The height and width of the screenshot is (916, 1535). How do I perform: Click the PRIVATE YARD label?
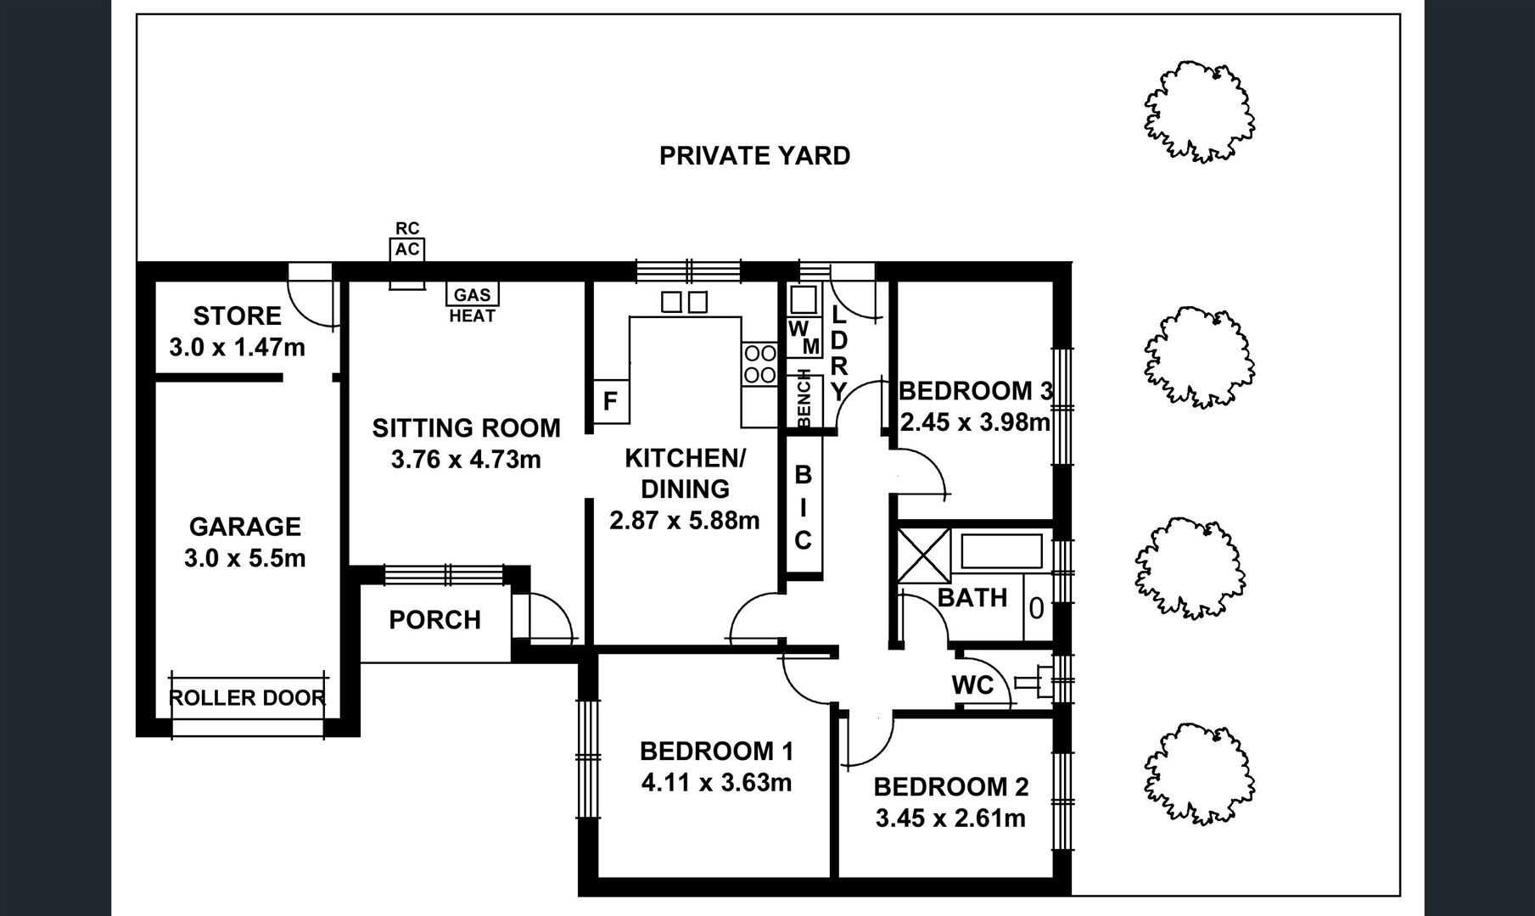pyautogui.click(x=754, y=156)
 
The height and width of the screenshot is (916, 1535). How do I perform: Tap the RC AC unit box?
pyautogui.click(x=407, y=249)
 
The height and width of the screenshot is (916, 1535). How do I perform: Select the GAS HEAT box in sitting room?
pyautogui.click(x=473, y=294)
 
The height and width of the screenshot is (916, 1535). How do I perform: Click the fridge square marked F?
pyautogui.click(x=610, y=401)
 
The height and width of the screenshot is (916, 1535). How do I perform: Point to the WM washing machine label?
pyautogui.click(x=804, y=338)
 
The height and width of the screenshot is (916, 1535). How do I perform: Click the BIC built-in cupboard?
pyautogui.click(x=803, y=507)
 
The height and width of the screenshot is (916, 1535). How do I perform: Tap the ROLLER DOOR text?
pyautogui.click(x=247, y=698)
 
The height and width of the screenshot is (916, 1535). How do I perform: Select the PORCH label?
pyautogui.click(x=434, y=620)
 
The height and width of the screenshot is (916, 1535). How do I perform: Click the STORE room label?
pyautogui.click(x=237, y=316)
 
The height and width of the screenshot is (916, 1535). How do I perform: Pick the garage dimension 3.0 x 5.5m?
pyautogui.click(x=244, y=559)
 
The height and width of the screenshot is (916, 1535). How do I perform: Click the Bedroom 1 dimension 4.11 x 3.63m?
pyautogui.click(x=716, y=782)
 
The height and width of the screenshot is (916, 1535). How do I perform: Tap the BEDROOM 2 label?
pyautogui.click(x=950, y=787)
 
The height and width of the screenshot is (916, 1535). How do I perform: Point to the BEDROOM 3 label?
pyautogui.click(x=975, y=391)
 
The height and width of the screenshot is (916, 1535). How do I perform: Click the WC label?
pyautogui.click(x=972, y=684)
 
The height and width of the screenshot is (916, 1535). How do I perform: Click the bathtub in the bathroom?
pyautogui.click(x=1001, y=551)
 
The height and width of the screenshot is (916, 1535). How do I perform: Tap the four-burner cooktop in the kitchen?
pyautogui.click(x=759, y=363)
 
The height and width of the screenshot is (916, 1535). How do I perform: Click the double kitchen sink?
pyautogui.click(x=684, y=301)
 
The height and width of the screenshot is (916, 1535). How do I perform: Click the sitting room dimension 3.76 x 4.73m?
pyautogui.click(x=466, y=460)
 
